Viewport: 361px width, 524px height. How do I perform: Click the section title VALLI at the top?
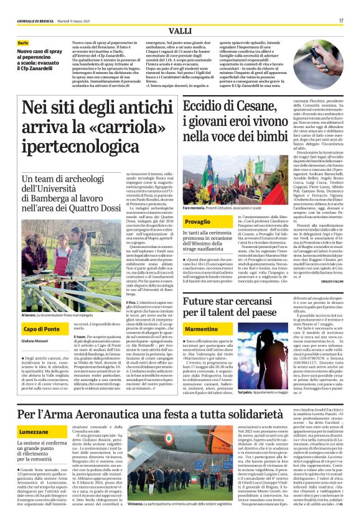180,30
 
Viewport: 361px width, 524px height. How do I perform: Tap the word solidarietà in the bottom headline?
291,415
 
